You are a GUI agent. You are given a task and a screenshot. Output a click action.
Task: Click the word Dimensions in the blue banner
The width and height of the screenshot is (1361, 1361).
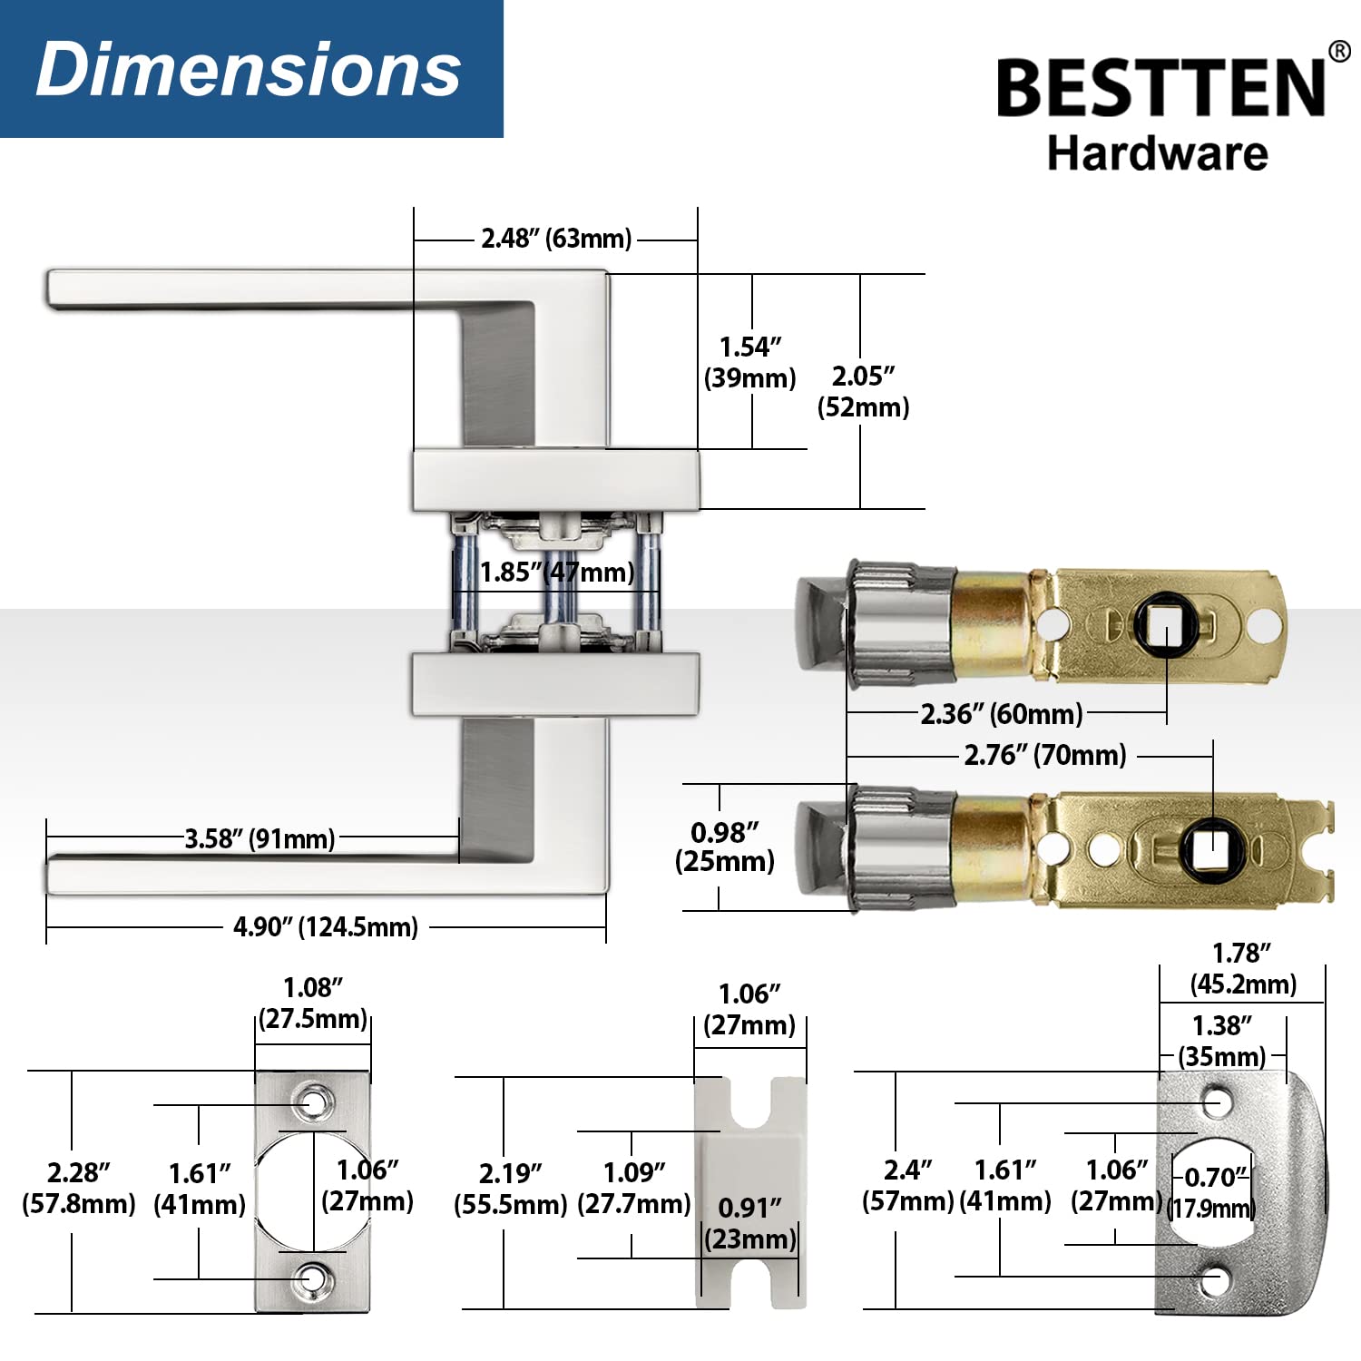tap(249, 70)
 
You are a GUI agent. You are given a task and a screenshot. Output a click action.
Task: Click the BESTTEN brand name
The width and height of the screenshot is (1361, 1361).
tap(1161, 88)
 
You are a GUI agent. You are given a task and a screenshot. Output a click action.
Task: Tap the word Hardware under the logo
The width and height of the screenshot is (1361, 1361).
tap(1157, 153)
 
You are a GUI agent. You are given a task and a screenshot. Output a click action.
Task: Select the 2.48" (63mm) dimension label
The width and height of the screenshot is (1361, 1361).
tap(556, 239)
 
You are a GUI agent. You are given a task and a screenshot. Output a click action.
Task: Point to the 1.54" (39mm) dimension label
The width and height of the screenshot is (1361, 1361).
tap(750, 362)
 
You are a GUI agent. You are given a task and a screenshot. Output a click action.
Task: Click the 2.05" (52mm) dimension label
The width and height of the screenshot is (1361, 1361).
tap(863, 391)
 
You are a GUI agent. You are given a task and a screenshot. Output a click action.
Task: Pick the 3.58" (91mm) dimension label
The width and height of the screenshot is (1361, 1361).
tap(259, 838)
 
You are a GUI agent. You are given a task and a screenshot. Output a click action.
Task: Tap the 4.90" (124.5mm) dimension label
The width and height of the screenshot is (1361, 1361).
tap(326, 927)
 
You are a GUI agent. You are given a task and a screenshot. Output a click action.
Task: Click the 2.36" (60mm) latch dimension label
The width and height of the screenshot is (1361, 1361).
tap(1002, 714)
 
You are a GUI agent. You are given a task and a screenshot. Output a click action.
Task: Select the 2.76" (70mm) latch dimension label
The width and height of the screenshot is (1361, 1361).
tap(1044, 755)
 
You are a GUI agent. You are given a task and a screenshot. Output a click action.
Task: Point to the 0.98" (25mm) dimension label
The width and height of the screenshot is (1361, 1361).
tap(724, 847)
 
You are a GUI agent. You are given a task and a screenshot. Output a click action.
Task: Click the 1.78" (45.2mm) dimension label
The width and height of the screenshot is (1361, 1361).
tap(1243, 969)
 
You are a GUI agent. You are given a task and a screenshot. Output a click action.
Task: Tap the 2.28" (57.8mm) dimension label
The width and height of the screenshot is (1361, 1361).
tap(79, 1189)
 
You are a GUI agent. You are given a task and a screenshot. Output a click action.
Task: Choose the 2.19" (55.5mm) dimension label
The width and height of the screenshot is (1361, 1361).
tap(510, 1189)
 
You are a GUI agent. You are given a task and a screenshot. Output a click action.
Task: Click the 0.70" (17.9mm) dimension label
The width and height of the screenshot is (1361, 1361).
tap(1212, 1193)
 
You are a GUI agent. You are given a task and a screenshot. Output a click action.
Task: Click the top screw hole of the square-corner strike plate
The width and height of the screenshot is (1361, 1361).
tap(314, 1103)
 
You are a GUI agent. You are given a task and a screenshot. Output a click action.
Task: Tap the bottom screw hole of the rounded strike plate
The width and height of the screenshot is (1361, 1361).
tap(1216, 1280)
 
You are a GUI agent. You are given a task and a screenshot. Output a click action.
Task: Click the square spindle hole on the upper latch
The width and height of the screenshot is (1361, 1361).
tap(1165, 625)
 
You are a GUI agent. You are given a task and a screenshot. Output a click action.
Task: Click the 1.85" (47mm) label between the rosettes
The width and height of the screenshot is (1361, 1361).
tap(556, 573)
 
